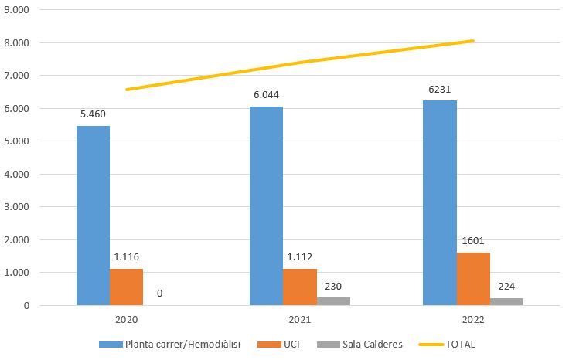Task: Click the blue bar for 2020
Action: coord(93,216)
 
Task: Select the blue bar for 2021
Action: coord(266,205)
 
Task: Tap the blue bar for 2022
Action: coord(439,202)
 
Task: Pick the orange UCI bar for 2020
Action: coord(126,287)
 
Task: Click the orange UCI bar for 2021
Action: coord(300,287)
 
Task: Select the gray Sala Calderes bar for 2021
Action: coord(333,301)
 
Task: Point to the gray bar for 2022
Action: coord(506,301)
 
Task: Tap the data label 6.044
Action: coord(267,95)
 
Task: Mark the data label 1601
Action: coord(473,240)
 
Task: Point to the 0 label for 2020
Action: coord(160,294)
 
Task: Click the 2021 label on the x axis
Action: coord(300,319)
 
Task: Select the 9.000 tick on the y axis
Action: coord(19,10)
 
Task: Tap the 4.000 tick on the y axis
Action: coord(19,175)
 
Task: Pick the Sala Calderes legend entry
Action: coord(370,344)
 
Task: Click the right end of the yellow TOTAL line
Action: coord(472,41)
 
